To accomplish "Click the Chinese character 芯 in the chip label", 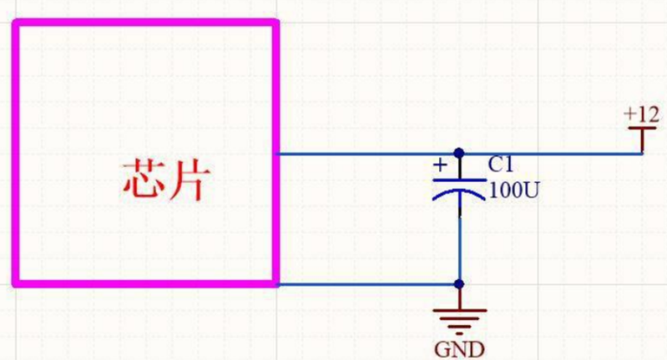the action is tap(142, 180).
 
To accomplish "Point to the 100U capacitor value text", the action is tap(513, 189).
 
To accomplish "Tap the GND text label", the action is tap(459, 346).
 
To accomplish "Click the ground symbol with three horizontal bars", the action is tap(458, 319).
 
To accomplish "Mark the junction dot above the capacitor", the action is tap(458, 154).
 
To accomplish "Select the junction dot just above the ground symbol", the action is tap(458, 285).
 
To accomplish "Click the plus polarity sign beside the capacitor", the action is tap(440, 165).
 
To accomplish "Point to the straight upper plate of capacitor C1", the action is tap(458, 179).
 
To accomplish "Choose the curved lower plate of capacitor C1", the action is tap(458, 194).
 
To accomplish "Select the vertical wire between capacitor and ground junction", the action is tap(458, 246).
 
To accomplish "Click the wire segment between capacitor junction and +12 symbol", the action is tap(551, 154).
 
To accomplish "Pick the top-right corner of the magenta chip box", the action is tap(275, 23).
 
